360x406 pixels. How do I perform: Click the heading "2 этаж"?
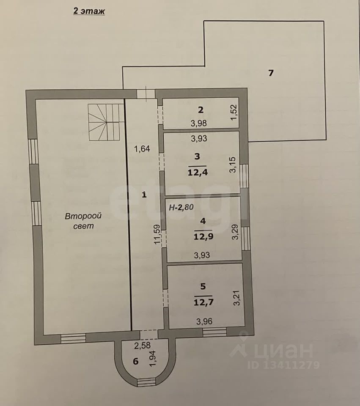(x=89, y=11)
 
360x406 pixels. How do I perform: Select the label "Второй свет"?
(x=84, y=221)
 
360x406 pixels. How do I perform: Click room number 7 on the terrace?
(x=271, y=72)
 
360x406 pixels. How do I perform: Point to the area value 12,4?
(x=197, y=172)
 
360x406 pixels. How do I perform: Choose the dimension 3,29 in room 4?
(x=235, y=232)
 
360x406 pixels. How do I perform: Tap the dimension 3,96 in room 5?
(x=204, y=321)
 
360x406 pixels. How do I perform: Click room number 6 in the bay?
(x=135, y=361)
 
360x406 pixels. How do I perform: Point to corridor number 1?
(x=144, y=195)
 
